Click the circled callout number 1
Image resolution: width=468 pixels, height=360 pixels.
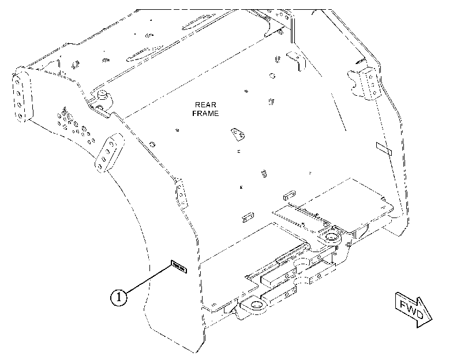(119, 297)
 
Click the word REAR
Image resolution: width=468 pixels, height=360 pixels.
(205, 105)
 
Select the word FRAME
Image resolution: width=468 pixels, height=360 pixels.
(205, 114)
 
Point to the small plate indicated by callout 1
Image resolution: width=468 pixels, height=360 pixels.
(179, 267)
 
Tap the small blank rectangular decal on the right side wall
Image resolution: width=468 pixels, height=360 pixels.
(384, 148)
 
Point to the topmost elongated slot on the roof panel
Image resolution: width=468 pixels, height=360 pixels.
(198, 21)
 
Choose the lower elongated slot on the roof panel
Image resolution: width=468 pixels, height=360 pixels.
(145, 53)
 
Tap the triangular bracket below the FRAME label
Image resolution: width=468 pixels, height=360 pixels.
(238, 134)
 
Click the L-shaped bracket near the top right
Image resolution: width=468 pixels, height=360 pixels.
(296, 61)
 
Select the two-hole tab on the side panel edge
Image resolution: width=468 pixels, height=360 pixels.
(181, 193)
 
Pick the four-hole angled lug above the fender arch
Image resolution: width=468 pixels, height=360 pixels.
(109, 153)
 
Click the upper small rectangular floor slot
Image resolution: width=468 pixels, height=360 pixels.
(289, 196)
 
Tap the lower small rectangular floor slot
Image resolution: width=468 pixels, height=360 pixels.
(248, 217)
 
